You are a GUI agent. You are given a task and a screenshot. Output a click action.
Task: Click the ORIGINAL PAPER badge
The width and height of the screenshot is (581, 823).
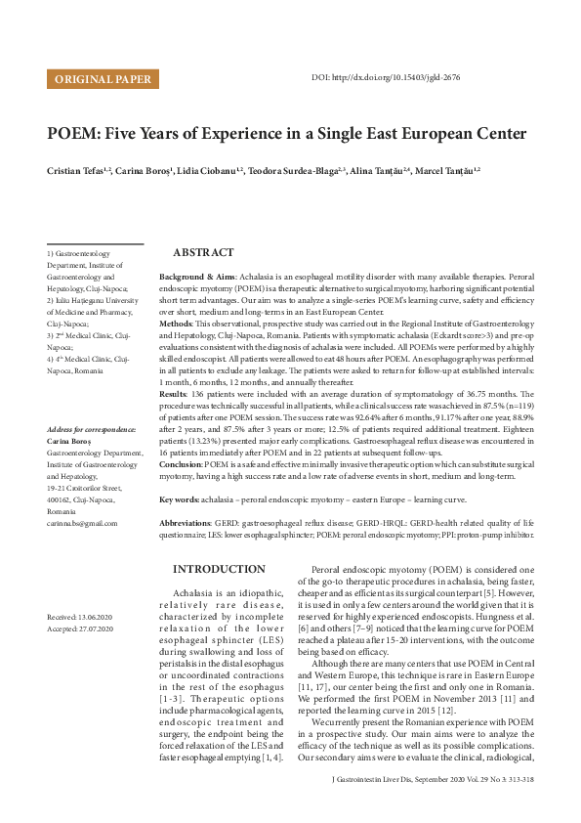pos(103,79)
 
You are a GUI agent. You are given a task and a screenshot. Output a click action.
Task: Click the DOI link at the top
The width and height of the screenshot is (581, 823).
pos(386,77)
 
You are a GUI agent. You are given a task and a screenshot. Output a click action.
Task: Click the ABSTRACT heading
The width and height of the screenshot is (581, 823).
pos(203,252)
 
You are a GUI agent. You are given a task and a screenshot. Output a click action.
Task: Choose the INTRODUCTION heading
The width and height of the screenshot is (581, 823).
pos(218,568)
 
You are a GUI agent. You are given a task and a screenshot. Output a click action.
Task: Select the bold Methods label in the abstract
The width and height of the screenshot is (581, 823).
pos(175,322)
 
